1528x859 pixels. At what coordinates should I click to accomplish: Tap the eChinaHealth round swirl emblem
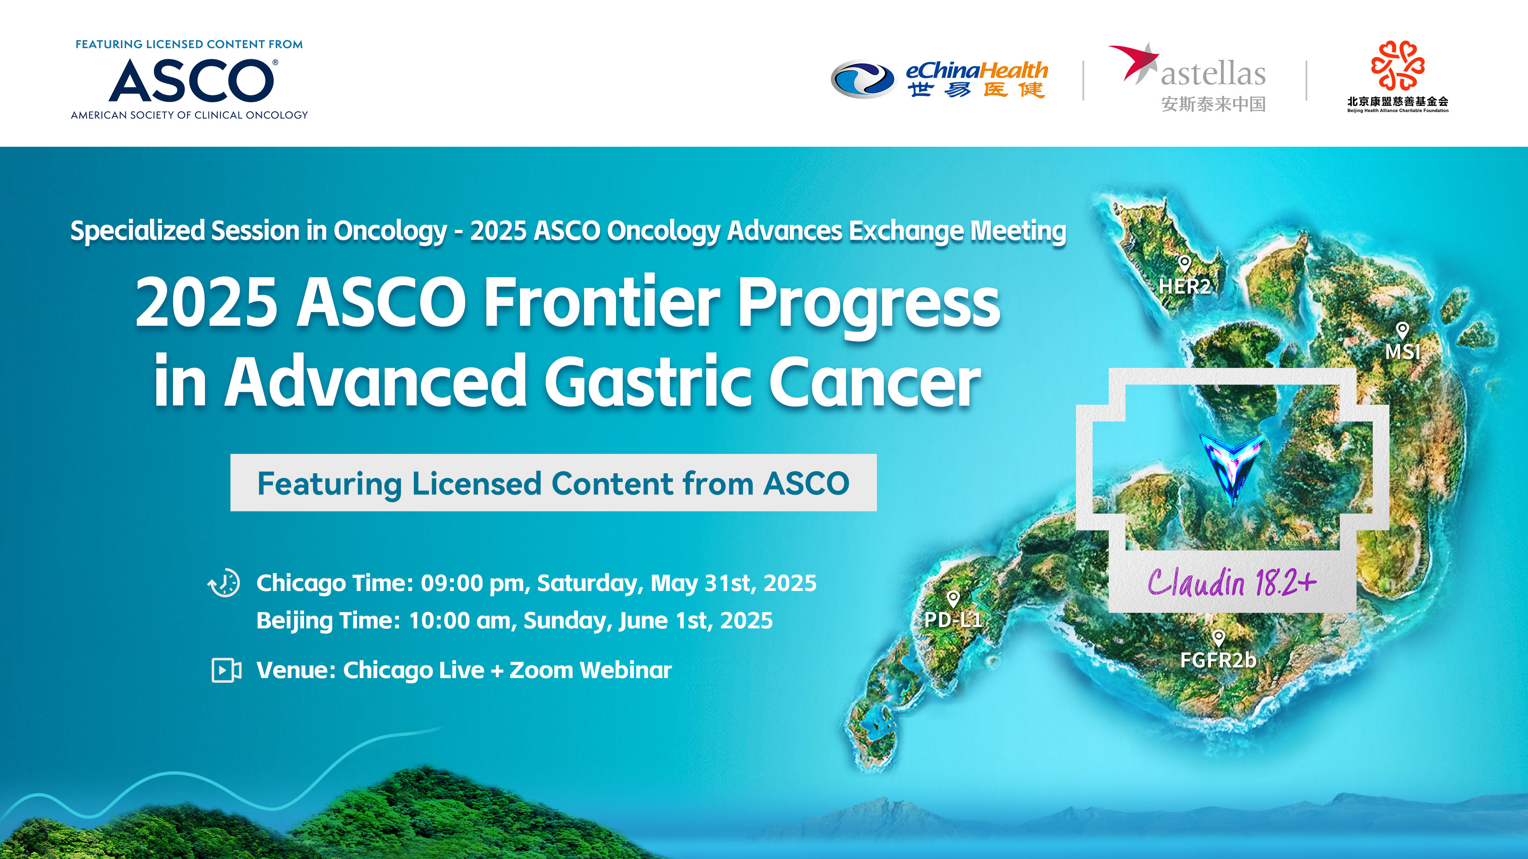coord(862,79)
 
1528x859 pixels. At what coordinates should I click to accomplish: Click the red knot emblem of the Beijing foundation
coord(1397,65)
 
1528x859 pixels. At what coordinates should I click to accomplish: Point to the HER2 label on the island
coord(1185,286)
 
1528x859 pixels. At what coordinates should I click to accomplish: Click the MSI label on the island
coord(1403,352)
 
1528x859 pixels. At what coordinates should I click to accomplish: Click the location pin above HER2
coord(1185,264)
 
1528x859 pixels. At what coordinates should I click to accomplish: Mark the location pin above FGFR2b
coord(1218,638)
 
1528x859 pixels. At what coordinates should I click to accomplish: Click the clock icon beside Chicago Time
coord(224,583)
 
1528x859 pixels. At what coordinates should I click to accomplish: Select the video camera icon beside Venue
coord(226,670)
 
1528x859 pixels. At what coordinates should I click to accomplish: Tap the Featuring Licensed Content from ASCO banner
coord(554,482)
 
